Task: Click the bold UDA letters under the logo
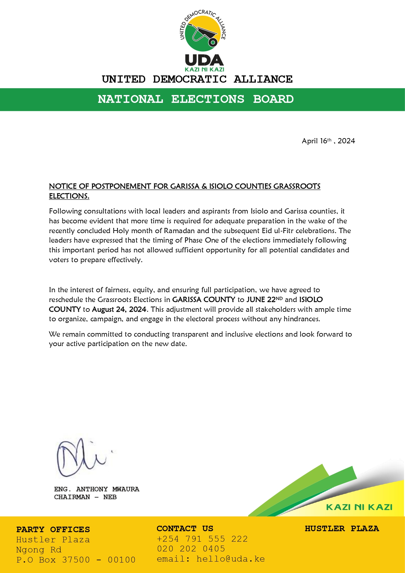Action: coord(204,60)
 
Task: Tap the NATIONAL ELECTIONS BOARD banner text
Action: coord(195,99)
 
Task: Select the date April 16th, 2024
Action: coord(328,141)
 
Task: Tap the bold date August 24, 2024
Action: coord(119,310)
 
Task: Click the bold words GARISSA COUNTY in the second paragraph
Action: coord(204,300)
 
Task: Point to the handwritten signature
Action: coord(82,457)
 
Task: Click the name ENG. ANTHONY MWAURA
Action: coord(97,489)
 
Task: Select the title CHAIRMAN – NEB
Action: coord(85,497)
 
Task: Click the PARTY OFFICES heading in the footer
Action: coord(53,530)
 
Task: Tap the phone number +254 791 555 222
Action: coord(202,539)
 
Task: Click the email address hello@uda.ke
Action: coord(230,559)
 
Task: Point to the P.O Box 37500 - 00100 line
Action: coord(76,560)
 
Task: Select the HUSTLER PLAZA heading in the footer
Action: coord(342,529)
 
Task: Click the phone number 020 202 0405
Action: coord(191,549)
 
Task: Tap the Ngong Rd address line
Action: coord(39,550)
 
